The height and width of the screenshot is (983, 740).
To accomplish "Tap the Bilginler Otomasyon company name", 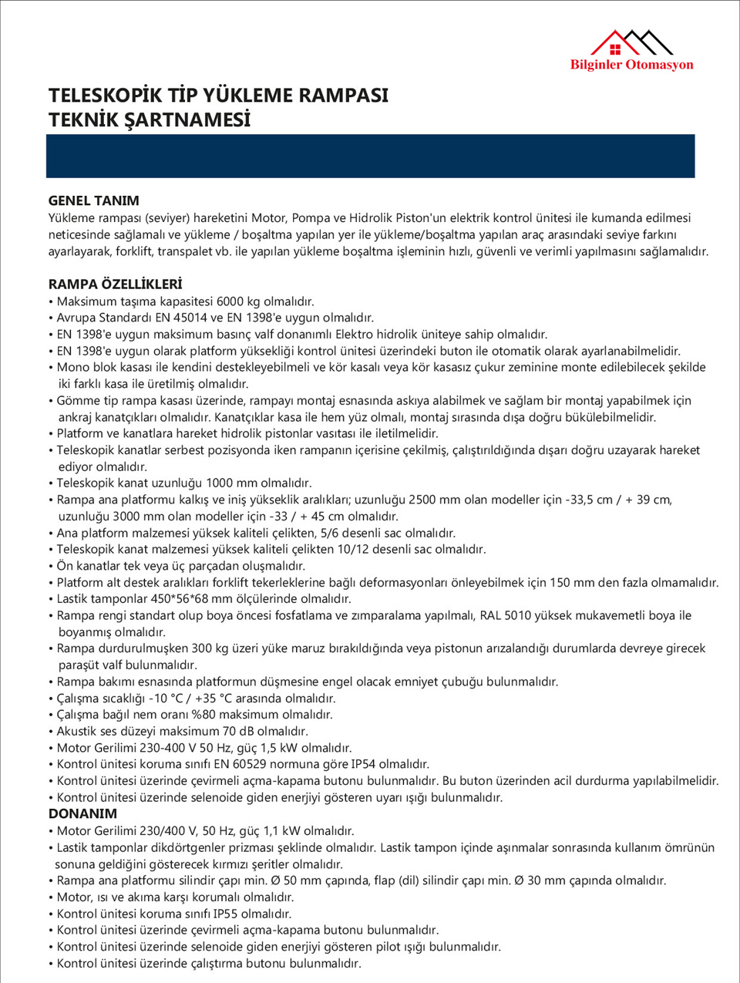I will pos(631,65).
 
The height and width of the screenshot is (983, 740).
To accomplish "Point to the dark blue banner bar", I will pos(370,156).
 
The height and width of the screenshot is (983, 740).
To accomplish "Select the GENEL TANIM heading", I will pos(93,200).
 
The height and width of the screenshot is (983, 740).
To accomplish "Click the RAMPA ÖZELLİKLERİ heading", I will pos(115,284).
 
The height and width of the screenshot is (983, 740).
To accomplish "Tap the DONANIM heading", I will pos(82,813).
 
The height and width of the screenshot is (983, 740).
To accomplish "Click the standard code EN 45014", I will pos(203,318).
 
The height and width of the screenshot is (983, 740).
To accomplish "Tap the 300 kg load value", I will pos(211,648).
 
